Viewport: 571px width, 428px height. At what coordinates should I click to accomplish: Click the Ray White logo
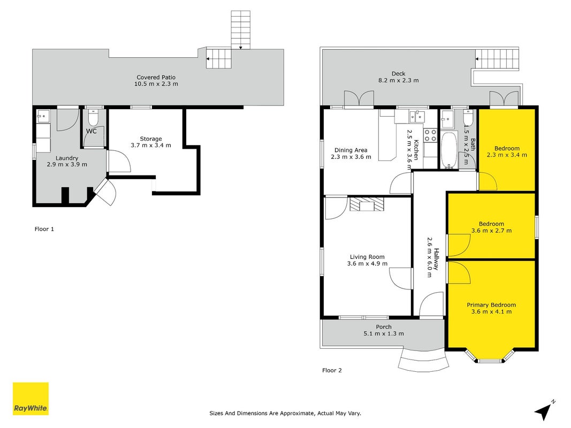31,399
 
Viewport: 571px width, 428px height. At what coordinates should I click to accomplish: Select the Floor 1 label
44,229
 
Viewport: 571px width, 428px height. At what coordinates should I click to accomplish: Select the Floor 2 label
332,370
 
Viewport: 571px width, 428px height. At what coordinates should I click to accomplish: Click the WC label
91,131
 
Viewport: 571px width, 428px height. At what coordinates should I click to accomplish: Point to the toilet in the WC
94,117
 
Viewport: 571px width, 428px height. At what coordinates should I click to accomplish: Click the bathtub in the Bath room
448,150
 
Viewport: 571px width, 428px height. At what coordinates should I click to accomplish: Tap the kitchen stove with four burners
430,135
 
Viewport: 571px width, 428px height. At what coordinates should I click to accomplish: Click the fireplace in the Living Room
367,204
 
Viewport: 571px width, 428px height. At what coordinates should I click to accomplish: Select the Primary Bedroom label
491,305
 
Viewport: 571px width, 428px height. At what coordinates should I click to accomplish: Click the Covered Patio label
156,77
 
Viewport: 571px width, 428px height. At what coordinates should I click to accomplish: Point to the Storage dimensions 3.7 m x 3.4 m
151,145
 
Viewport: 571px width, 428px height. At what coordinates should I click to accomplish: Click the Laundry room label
67,158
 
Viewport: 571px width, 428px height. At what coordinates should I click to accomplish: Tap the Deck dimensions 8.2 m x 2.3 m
398,80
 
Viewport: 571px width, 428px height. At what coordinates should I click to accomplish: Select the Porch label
384,327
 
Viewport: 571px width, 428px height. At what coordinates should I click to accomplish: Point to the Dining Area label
351,150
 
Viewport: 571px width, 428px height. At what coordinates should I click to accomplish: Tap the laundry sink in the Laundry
43,117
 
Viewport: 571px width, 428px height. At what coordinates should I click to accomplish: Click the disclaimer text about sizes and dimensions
285,413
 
